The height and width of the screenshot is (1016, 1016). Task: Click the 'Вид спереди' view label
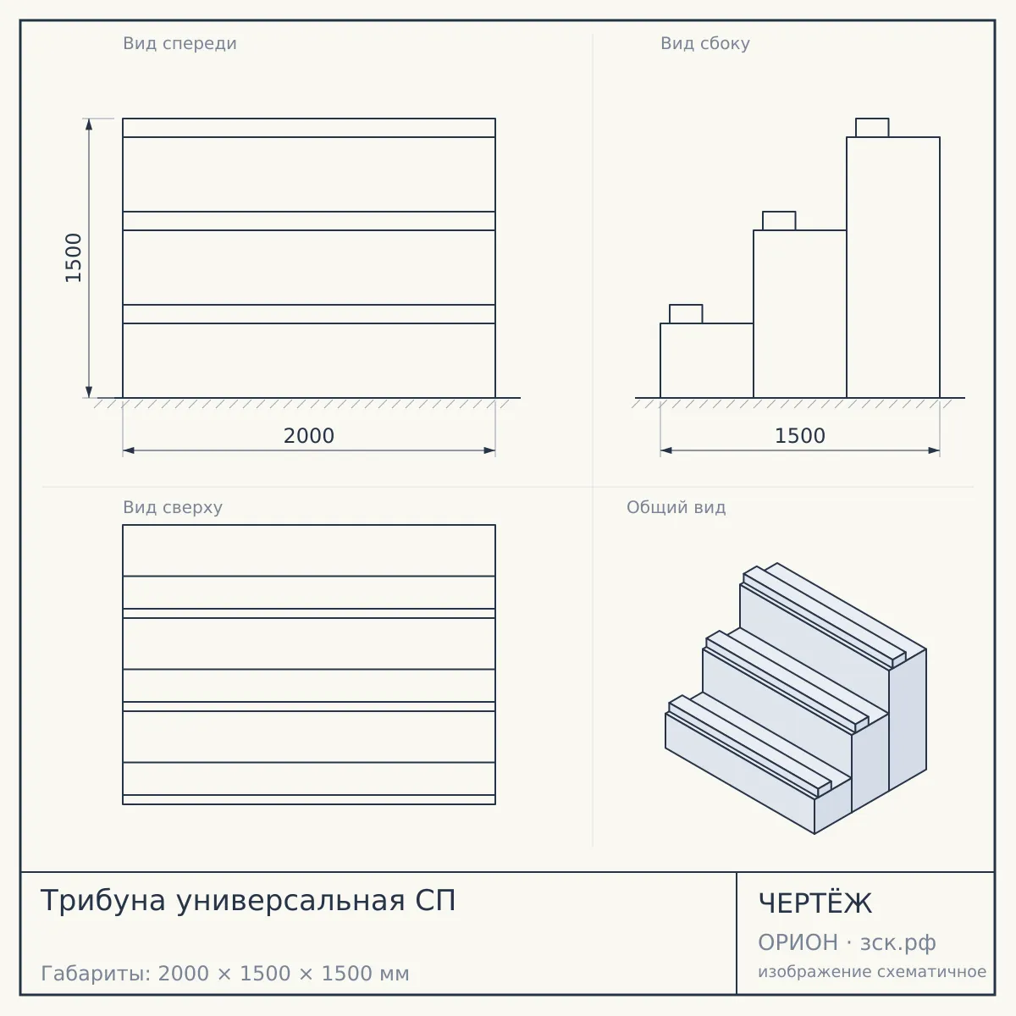[179, 44]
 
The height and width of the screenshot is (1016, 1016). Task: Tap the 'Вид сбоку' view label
[705, 44]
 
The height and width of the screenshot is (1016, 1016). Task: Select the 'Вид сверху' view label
[173, 507]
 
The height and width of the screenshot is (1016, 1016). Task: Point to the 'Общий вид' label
[676, 507]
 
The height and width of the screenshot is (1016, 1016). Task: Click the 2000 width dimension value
[309, 436]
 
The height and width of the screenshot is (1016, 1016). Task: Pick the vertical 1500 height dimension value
[74, 258]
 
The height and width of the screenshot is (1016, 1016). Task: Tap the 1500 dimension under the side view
[800, 436]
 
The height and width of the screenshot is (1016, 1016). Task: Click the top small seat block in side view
[872, 128]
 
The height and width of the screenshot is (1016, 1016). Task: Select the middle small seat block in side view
[779, 221]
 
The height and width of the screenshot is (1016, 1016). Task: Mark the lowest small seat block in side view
[686, 314]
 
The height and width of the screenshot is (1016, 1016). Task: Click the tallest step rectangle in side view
[893, 268]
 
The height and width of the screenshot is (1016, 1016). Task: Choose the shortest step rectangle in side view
[707, 361]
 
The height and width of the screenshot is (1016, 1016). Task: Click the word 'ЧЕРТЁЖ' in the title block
[815, 903]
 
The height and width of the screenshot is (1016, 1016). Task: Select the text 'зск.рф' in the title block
[898, 943]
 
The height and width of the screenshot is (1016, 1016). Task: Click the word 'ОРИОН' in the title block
[798, 942]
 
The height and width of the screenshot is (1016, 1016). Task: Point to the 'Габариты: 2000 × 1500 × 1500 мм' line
[225, 974]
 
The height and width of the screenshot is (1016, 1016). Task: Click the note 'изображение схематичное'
[872, 971]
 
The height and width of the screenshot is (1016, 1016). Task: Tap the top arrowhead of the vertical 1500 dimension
[89, 124]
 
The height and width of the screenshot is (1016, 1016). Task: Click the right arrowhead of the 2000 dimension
[490, 450]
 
